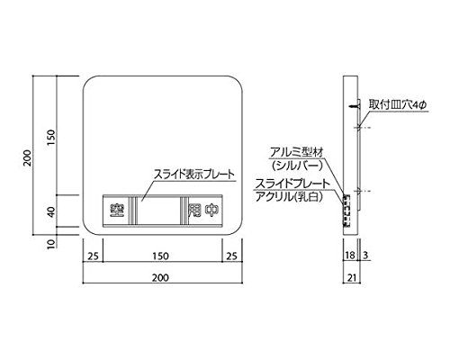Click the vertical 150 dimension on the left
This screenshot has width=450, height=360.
click(51, 138)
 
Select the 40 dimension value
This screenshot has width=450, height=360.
click(51, 211)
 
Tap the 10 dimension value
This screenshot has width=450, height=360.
click(51, 244)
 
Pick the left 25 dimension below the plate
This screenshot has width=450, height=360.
click(93, 256)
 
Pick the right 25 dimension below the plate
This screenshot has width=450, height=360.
click(231, 256)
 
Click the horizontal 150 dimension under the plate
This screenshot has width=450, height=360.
click(160, 256)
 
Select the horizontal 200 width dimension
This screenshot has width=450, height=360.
click(160, 277)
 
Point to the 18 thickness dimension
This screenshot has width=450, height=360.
click(350, 256)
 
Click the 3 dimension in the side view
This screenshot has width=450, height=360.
click(365, 256)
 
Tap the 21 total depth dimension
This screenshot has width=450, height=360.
click(352, 277)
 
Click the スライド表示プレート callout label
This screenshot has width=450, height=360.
click(193, 174)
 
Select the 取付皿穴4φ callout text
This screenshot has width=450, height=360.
click(398, 105)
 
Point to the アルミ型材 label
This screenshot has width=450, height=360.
click(296, 153)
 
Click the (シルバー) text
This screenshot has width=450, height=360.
click(296, 166)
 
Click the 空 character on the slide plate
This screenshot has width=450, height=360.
click(115, 211)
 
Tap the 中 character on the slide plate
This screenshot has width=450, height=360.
click(211, 211)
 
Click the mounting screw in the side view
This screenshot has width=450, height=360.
click(355, 106)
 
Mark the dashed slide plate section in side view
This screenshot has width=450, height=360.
click(346, 211)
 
